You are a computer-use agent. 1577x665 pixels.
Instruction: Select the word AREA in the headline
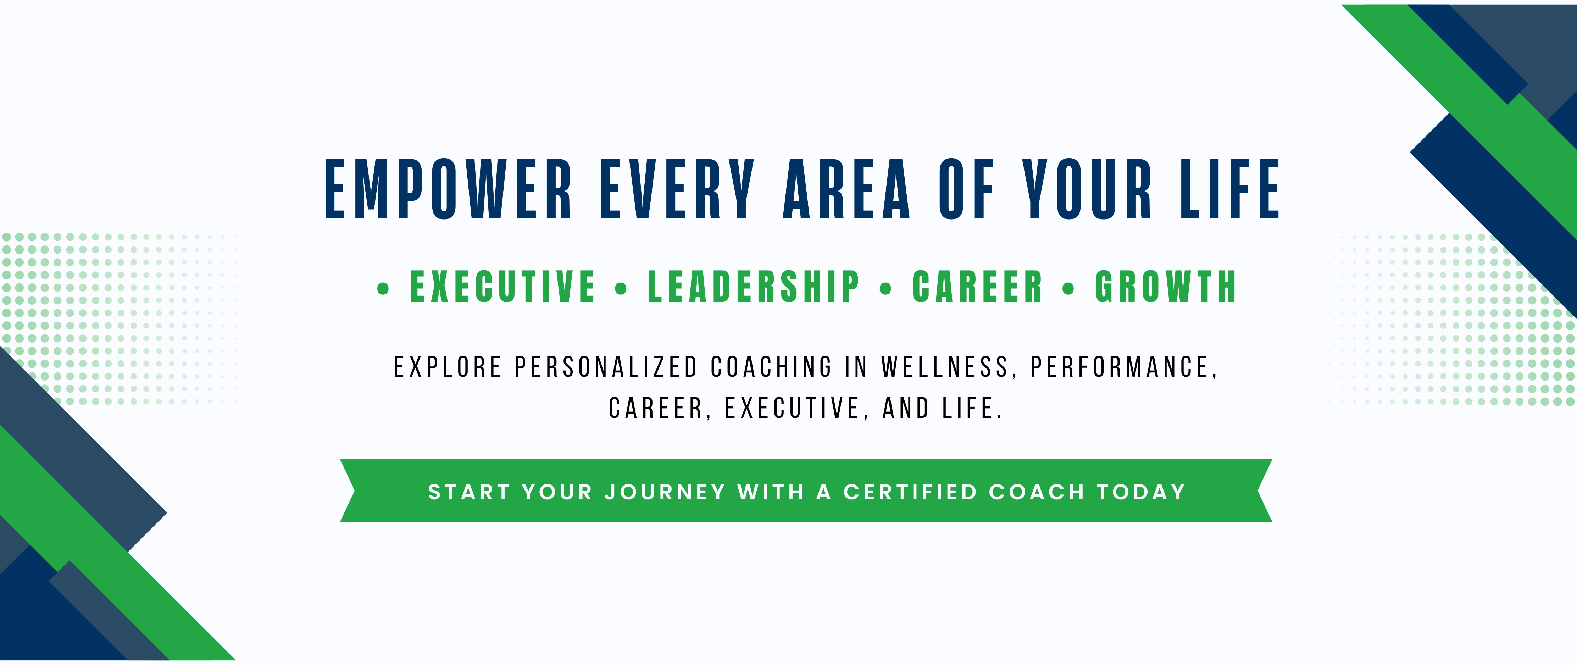[847, 189]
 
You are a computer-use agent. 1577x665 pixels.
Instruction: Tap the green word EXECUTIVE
[502, 287]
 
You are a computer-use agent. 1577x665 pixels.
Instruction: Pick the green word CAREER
[977, 287]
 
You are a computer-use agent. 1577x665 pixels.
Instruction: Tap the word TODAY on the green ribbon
[1141, 492]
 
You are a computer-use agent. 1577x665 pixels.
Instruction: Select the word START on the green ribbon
[469, 492]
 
